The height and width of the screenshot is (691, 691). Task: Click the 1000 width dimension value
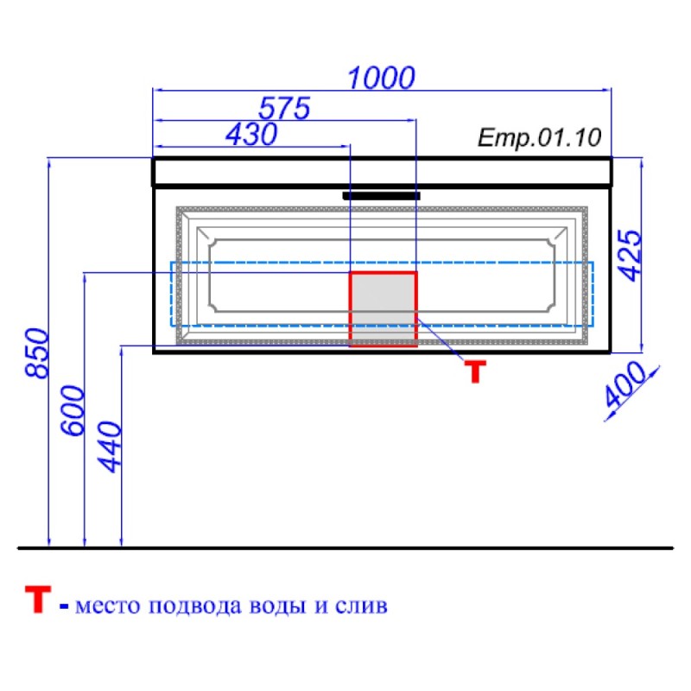(381, 78)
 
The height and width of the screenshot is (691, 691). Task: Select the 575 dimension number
(284, 108)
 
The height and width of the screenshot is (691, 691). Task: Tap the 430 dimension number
(251, 135)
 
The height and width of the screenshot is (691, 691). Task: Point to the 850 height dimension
(36, 353)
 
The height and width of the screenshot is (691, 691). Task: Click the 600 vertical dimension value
(73, 411)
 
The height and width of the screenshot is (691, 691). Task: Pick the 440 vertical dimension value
(110, 447)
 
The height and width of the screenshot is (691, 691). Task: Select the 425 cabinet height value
(631, 255)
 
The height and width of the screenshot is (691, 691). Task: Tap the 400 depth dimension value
(624, 384)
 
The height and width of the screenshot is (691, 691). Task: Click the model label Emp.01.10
(539, 137)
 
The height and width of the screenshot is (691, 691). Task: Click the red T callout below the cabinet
(476, 371)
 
